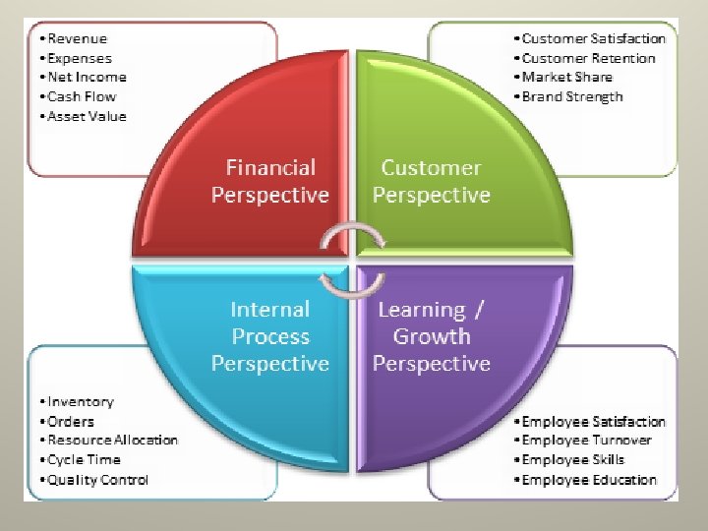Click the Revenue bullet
coord(77,38)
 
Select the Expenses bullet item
coord(80,58)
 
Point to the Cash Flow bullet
coord(82,96)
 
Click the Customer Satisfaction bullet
coord(589,38)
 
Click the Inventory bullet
coord(79,401)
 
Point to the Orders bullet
coord(70,421)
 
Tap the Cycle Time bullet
coord(83,459)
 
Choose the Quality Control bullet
coord(95,480)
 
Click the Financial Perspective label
coord(270,182)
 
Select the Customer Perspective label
coord(431,182)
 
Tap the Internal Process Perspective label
coord(270,336)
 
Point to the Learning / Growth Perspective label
coord(431,336)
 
